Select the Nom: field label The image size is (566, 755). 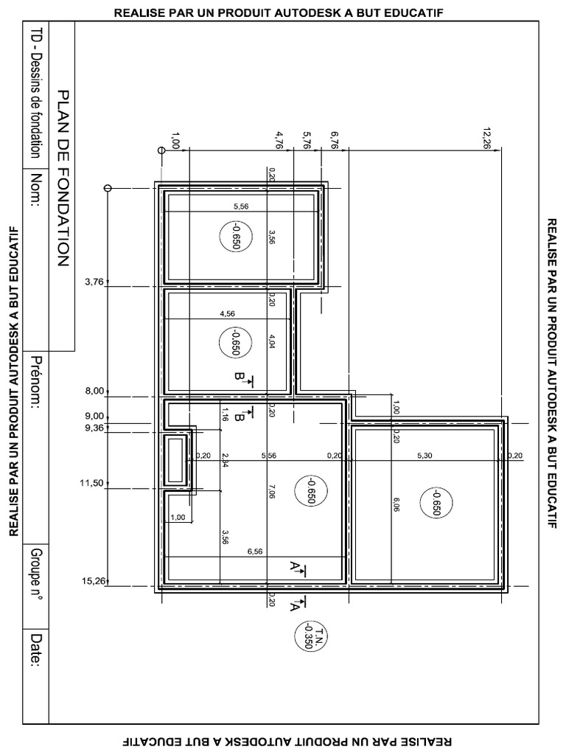[35, 191]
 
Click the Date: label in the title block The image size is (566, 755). [35, 648]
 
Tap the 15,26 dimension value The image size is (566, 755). [94, 581]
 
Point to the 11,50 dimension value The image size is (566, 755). [94, 483]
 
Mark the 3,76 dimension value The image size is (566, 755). [96, 281]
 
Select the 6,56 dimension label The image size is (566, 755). [256, 551]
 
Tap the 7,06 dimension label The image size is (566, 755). [272, 492]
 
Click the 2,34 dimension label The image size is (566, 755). [225, 461]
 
